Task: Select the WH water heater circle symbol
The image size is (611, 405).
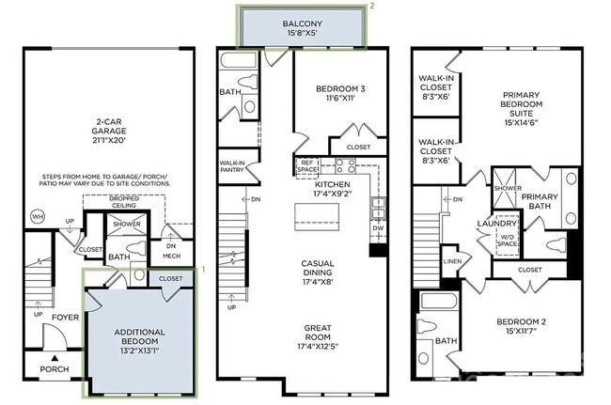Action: [38, 217]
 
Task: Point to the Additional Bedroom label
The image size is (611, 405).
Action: [139, 337]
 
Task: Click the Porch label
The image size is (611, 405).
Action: [54, 369]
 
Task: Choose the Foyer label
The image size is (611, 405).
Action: [65, 318]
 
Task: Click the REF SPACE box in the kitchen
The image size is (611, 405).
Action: [306, 166]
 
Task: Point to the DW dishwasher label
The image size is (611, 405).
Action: [377, 227]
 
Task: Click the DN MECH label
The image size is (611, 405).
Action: [172, 250]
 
